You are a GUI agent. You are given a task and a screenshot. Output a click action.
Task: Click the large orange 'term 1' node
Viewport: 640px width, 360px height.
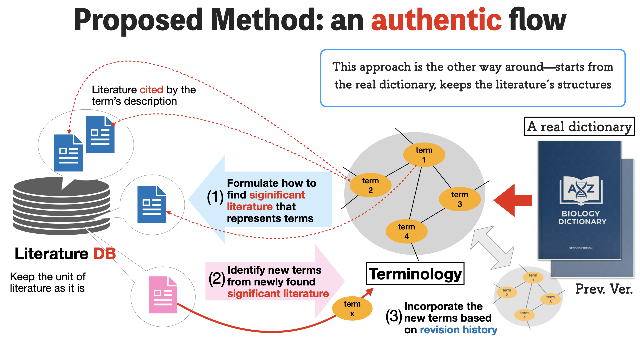[424, 155]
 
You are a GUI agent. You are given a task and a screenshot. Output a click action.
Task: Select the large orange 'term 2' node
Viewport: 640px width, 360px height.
[370, 185]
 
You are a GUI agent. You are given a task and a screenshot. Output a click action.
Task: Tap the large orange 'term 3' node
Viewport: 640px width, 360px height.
[460, 199]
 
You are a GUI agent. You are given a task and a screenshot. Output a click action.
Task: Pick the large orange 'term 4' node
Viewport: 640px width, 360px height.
[406, 231]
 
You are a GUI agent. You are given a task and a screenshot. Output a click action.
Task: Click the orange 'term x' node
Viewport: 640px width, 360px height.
[352, 309]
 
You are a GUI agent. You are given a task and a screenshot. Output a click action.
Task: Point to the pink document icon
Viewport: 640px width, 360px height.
[163, 295]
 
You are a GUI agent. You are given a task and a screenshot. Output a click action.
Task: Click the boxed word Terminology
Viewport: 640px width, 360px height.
[415, 274]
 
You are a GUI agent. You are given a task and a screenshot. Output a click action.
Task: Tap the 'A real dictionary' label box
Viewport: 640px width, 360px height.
[579, 126]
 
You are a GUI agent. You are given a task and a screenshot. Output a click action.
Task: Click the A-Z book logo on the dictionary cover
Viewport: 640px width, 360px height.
[581, 190]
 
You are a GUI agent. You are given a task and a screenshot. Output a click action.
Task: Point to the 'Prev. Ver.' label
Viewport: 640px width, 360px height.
[604, 289]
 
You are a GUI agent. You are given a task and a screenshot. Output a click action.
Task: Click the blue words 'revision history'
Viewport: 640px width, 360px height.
[458, 330]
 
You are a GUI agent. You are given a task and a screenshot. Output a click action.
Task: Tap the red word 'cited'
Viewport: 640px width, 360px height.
[151, 90]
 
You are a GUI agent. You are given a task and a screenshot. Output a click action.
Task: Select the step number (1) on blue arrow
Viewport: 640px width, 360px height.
[215, 197]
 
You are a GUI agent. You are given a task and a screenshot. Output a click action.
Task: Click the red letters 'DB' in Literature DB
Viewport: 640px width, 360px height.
[104, 254]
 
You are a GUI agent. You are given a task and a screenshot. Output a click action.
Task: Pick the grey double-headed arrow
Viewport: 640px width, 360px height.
[492, 247]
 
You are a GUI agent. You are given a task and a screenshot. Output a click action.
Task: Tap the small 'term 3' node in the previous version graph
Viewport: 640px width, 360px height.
[550, 299]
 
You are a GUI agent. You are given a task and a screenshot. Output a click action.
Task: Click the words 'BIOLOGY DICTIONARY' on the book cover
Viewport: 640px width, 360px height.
[582, 217]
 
